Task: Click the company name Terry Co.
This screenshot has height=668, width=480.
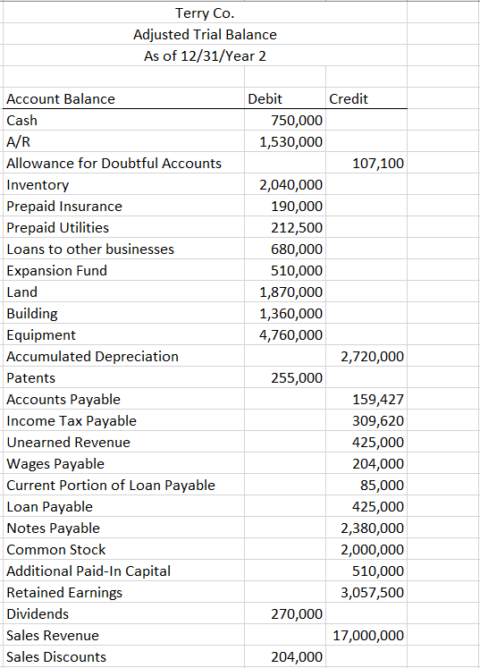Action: coord(205,13)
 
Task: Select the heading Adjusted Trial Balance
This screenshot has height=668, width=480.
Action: coord(205,34)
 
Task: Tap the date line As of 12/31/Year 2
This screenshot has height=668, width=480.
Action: coord(205,55)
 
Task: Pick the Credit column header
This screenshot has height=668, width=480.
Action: coord(349,99)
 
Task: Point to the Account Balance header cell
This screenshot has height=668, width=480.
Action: coord(61,99)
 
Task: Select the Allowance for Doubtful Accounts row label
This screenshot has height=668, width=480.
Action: coord(114,164)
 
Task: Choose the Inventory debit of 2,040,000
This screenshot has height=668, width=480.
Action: coord(291,185)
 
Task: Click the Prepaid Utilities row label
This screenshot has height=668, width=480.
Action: coord(57,228)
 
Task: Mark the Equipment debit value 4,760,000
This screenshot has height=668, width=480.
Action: coord(291,335)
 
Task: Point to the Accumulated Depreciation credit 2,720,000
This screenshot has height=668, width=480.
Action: coord(373,357)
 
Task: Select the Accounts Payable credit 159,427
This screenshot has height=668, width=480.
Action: coord(378,400)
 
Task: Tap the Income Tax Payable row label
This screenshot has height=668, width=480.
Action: coord(72,421)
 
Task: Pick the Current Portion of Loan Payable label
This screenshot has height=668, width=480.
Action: coord(111,486)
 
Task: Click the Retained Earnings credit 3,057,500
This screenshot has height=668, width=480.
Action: coord(373,593)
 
